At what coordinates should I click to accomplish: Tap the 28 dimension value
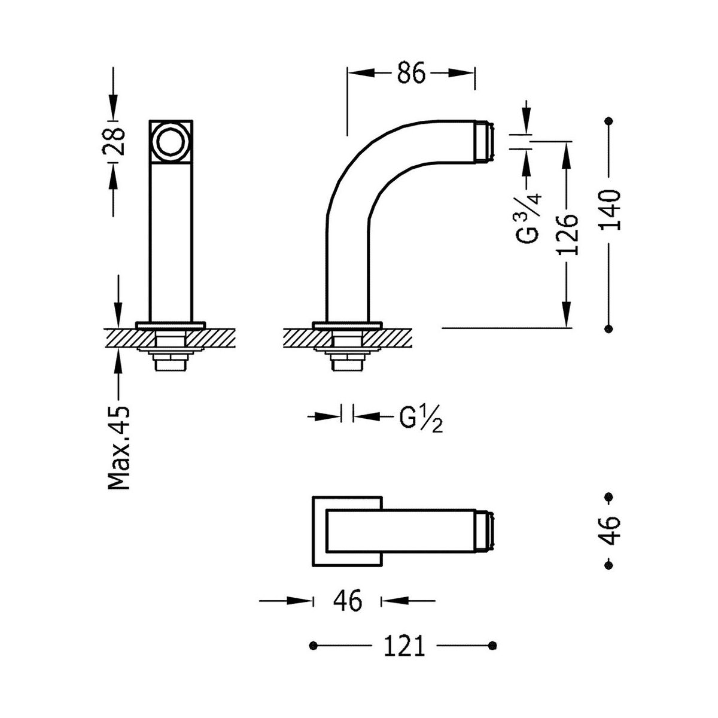(x=113, y=142)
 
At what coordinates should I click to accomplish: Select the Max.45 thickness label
(x=119, y=447)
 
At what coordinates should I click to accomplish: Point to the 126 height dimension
(x=568, y=235)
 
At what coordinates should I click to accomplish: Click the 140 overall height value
(x=610, y=210)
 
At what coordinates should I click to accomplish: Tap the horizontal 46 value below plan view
(x=348, y=601)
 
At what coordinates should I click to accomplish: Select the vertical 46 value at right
(x=610, y=531)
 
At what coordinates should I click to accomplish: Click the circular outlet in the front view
(x=171, y=141)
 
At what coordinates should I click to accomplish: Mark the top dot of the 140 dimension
(x=609, y=121)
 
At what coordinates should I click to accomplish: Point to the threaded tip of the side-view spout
(x=485, y=141)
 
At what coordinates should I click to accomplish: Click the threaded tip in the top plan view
(x=485, y=531)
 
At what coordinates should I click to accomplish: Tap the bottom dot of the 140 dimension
(x=609, y=328)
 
